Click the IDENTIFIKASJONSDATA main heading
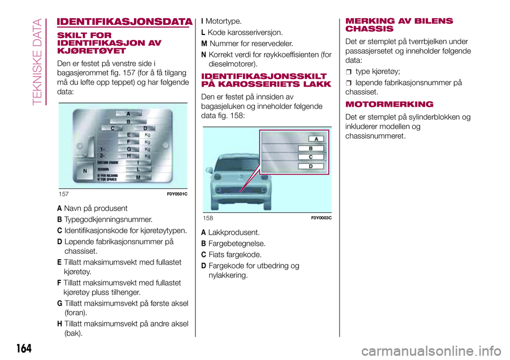[124, 22]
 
